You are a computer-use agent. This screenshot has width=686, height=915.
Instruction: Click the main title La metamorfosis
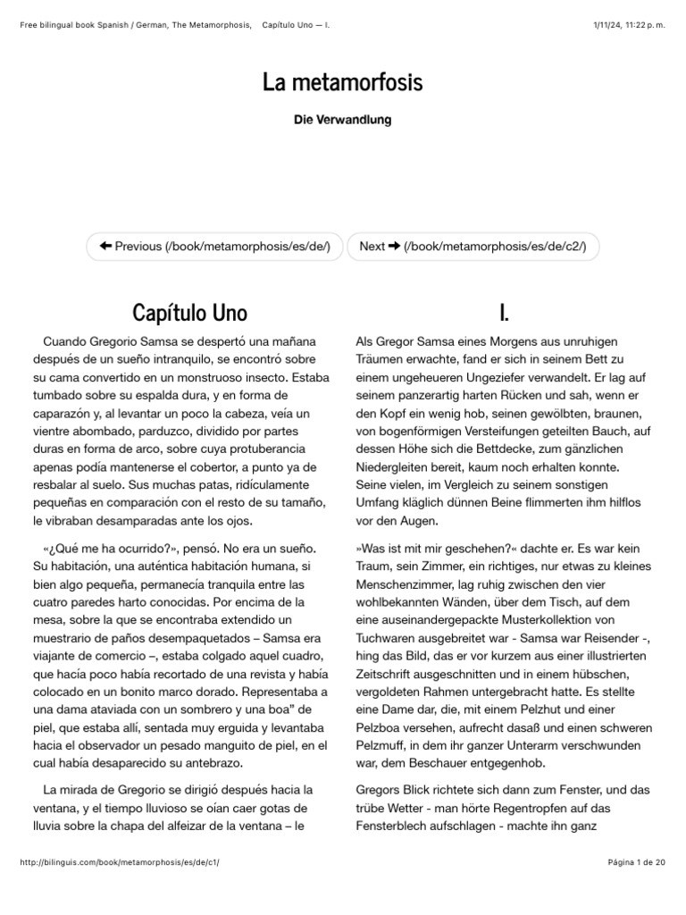[x=342, y=82]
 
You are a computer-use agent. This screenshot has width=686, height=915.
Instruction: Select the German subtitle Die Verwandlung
[x=342, y=120]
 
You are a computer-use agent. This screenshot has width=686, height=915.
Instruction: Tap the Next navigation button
[x=473, y=246]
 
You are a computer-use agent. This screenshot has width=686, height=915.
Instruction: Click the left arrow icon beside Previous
[x=105, y=246]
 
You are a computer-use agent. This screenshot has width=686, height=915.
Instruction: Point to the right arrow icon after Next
[x=394, y=246]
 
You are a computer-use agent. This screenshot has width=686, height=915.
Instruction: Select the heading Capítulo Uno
[x=189, y=312]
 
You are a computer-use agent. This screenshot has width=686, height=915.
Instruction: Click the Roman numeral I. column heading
[x=505, y=312]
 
